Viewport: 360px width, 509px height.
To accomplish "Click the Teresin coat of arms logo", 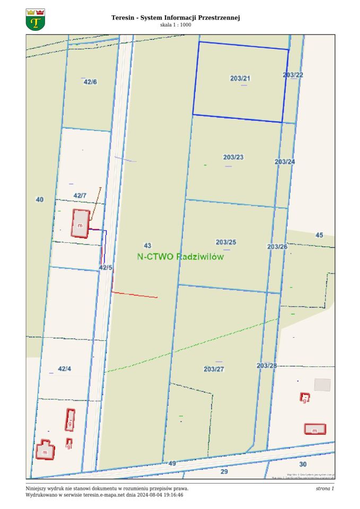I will (36, 20).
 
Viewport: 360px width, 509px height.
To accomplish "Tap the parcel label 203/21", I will (240, 78).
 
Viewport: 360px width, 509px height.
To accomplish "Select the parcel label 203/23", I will (233, 157).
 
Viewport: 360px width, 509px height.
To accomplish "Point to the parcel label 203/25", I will (226, 242).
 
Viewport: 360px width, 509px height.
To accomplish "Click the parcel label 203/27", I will (214, 369).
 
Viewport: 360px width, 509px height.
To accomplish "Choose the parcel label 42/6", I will (90, 82).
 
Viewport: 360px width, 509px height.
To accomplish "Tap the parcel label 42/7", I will (80, 196).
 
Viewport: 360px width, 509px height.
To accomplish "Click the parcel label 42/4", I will (64, 368).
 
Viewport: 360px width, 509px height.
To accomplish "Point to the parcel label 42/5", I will (106, 268).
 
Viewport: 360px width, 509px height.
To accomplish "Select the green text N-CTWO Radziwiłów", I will (180, 257).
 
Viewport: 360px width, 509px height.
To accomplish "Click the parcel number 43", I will (147, 245).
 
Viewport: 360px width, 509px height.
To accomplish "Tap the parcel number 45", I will (319, 235).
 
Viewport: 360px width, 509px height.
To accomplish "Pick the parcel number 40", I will (39, 200).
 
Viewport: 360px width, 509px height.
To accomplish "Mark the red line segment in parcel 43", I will (135, 295).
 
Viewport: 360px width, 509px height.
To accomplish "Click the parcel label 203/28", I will (267, 366).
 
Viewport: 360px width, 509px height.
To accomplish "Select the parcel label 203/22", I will (293, 75).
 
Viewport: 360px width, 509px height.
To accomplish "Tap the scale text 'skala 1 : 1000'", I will (175, 25).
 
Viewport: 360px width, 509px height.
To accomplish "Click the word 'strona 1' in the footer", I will (324, 488).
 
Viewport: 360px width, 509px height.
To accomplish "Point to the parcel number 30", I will (303, 464).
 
